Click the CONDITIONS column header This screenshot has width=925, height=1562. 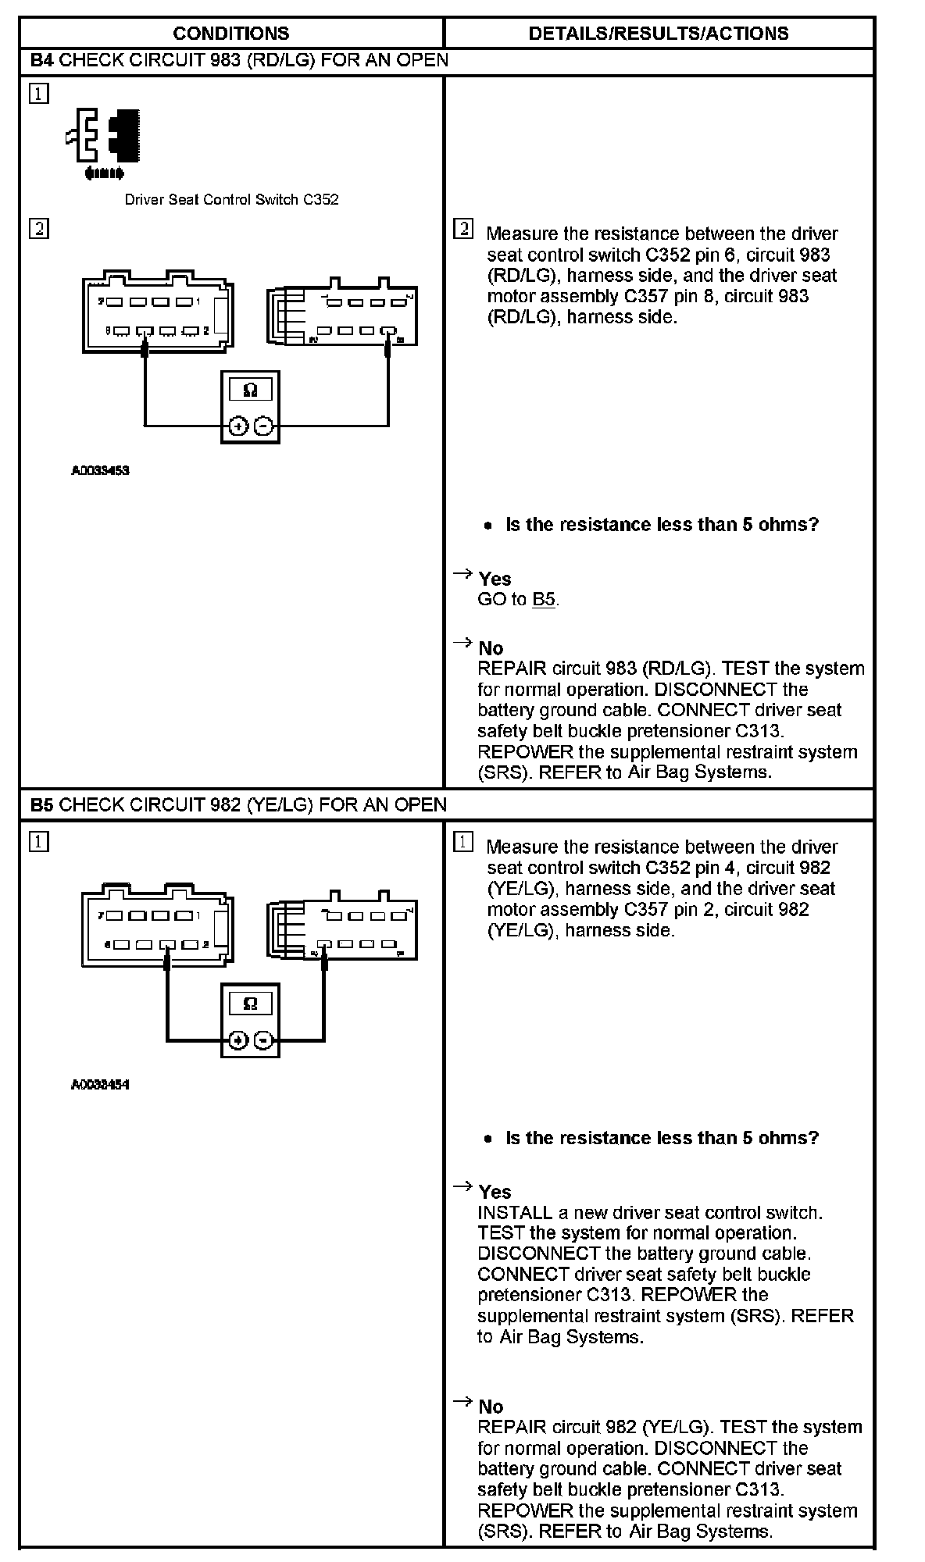pyautogui.click(x=230, y=34)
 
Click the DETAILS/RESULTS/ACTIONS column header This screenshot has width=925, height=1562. pyautogui.click(x=658, y=34)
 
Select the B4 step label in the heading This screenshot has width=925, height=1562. pyautogui.click(x=41, y=60)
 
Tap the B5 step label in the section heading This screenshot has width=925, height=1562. pyautogui.click(x=41, y=804)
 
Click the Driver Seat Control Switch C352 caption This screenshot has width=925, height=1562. pyautogui.click(x=231, y=199)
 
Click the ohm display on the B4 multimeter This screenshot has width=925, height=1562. pyautogui.click(x=250, y=390)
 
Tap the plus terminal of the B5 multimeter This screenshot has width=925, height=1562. pyautogui.click(x=238, y=1040)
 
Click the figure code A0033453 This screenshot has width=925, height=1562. pyautogui.click(x=100, y=471)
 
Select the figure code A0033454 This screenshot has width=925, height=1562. pyautogui.click(x=100, y=1085)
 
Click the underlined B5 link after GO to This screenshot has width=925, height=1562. pyautogui.click(x=544, y=600)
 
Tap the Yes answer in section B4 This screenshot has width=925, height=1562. pyautogui.click(x=495, y=579)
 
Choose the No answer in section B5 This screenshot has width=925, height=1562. pyautogui.click(x=491, y=1407)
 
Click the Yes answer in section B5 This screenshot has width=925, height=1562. pyautogui.click(x=495, y=1192)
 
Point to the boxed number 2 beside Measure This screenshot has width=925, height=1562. pyautogui.click(x=462, y=229)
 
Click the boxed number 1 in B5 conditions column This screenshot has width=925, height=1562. pyautogui.click(x=38, y=842)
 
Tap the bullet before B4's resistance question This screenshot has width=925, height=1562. pyautogui.click(x=488, y=526)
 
